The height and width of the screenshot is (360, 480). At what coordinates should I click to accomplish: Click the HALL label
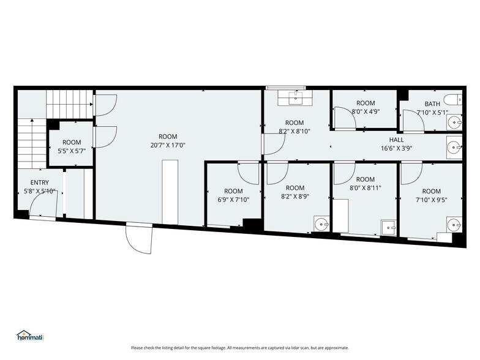click(x=397, y=140)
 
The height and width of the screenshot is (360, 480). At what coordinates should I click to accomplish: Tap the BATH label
click(x=432, y=104)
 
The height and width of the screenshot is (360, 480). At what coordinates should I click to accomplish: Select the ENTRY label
click(x=39, y=182)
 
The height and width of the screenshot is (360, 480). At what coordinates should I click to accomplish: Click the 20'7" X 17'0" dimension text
click(x=168, y=145)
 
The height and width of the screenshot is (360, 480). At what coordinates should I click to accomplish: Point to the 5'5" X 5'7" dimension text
click(x=72, y=151)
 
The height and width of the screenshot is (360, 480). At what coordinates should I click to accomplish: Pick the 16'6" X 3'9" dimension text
click(x=397, y=148)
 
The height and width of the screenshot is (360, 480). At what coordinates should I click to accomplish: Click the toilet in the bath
click(x=454, y=99)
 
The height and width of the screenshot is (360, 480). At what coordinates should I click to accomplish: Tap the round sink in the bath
click(x=454, y=122)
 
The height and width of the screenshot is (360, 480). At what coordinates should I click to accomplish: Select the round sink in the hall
click(x=454, y=148)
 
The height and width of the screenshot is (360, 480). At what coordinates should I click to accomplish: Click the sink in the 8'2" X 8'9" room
click(x=321, y=224)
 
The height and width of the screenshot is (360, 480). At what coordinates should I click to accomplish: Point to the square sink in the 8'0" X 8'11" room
click(x=389, y=228)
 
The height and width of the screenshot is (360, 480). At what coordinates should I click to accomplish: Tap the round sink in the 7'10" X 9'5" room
click(x=454, y=225)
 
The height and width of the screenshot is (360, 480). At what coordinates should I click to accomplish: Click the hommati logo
click(x=31, y=336)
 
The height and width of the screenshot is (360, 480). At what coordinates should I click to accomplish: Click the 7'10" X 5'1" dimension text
click(x=432, y=113)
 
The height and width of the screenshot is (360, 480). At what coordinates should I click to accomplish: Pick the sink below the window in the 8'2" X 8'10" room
click(x=295, y=98)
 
